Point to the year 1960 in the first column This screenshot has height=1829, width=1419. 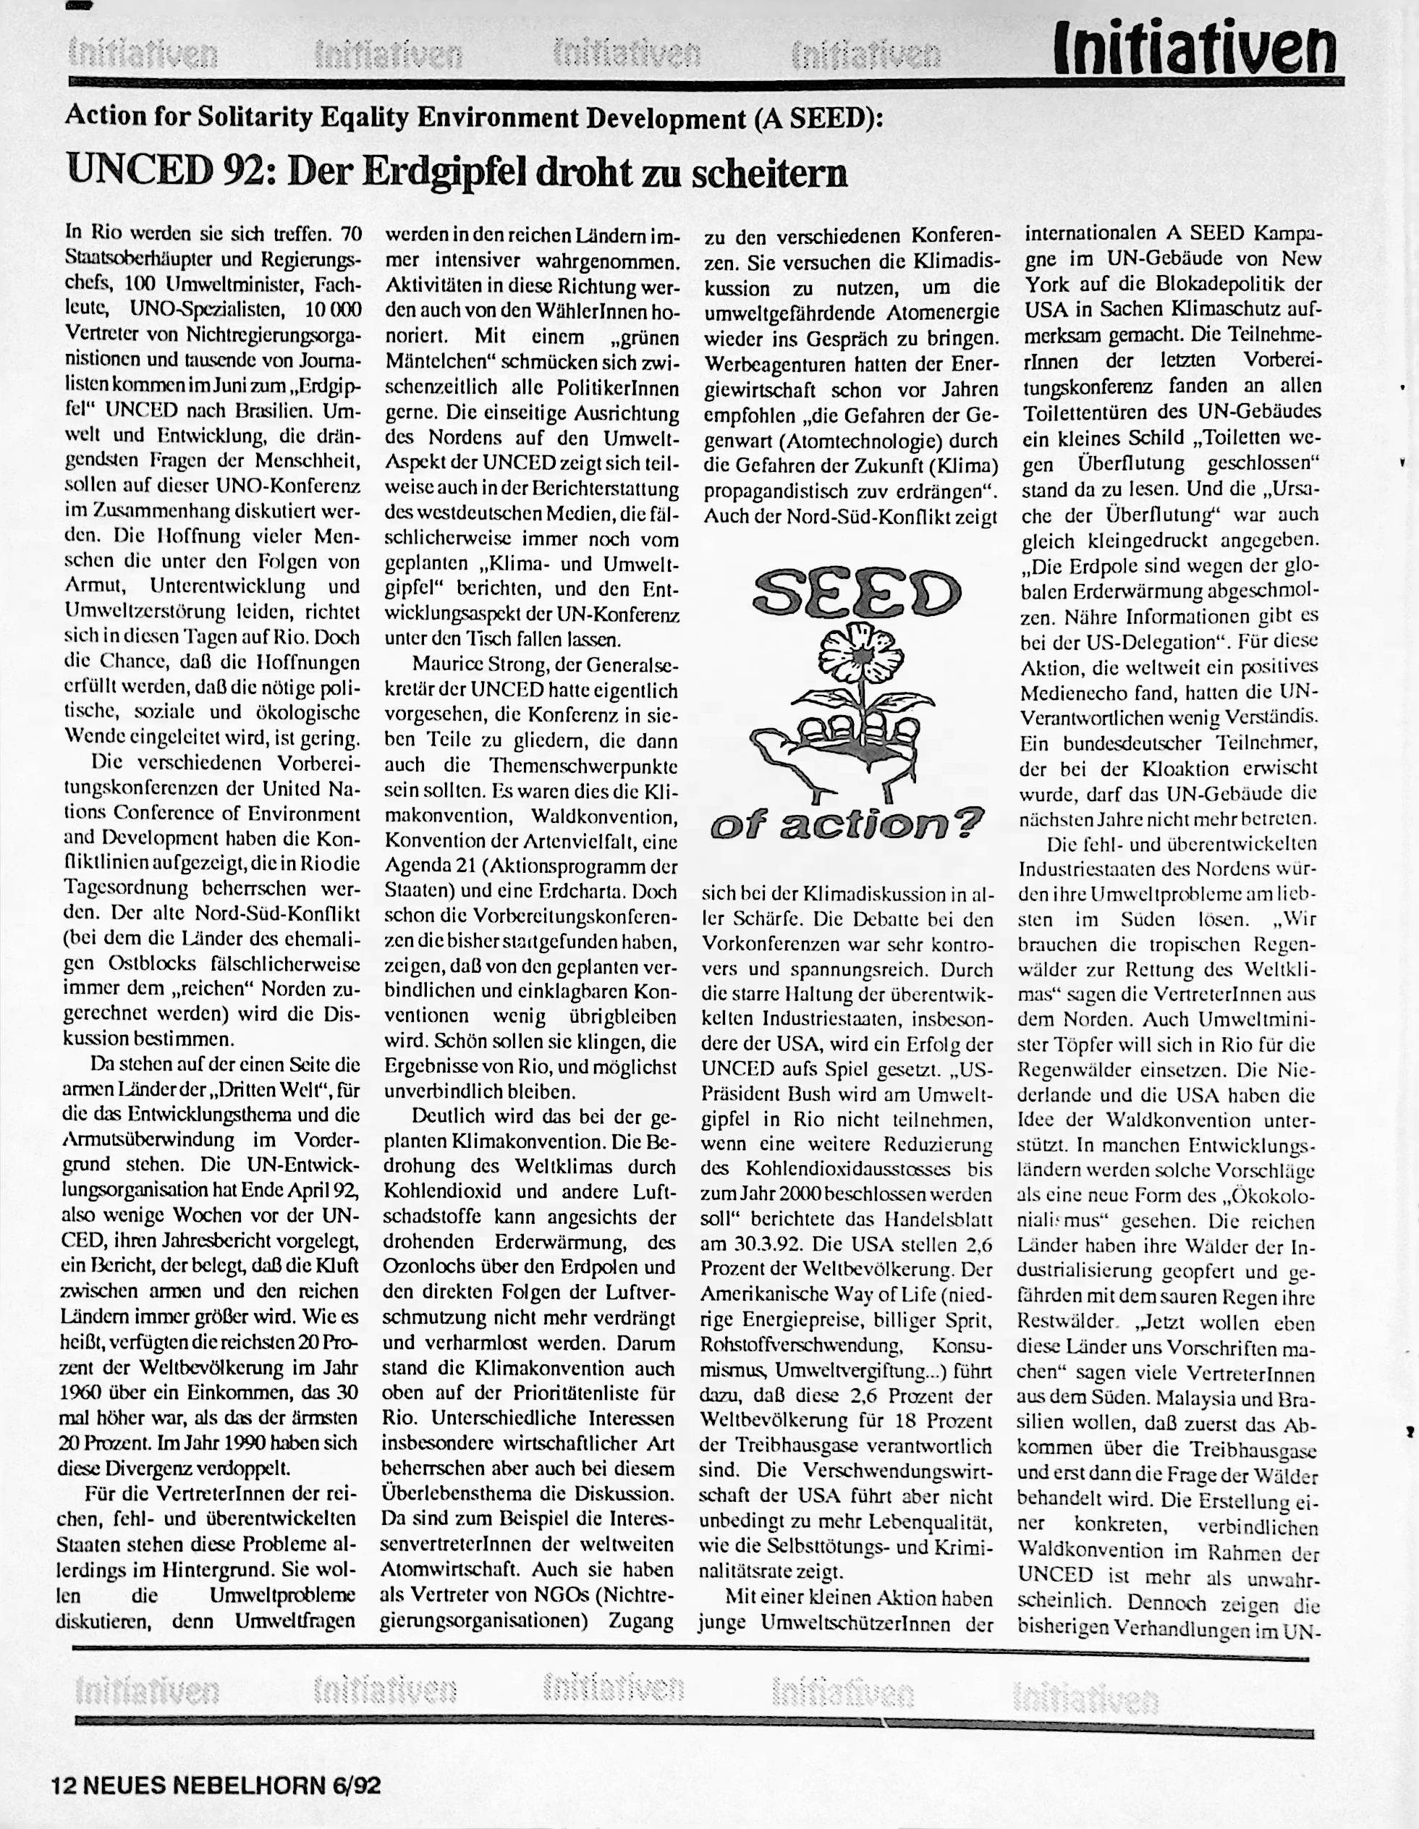pyautogui.click(x=85, y=1393)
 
